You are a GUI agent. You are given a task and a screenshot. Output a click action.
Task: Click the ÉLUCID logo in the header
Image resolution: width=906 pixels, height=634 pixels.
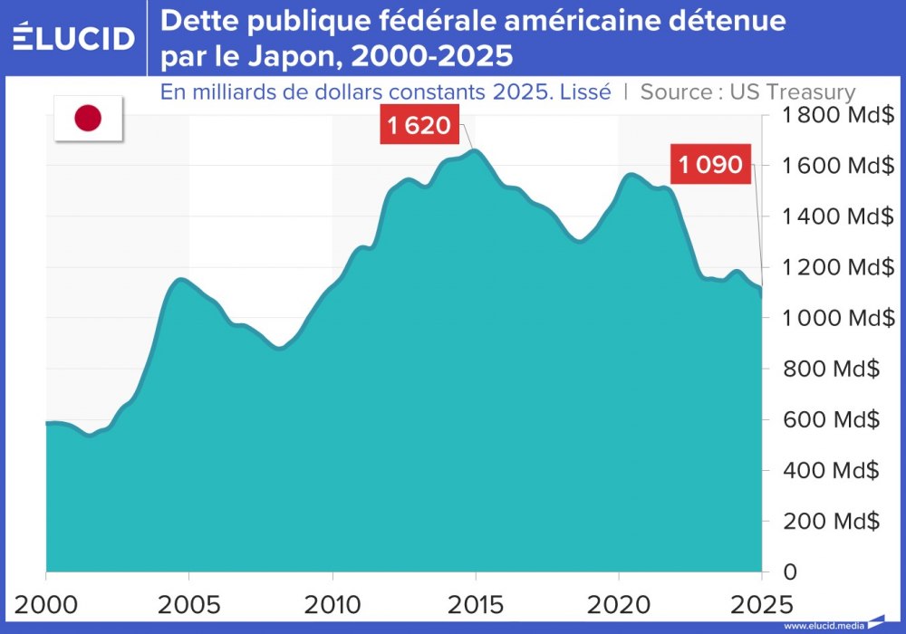point(74,37)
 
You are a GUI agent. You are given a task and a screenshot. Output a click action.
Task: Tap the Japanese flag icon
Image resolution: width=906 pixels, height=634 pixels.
point(88,118)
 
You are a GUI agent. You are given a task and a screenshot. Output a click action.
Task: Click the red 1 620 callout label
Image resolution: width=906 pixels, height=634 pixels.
point(419,125)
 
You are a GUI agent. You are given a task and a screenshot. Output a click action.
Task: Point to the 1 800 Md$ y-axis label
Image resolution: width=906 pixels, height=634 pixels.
point(826,115)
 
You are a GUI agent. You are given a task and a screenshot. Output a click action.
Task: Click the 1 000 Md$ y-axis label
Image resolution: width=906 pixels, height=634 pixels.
point(826,318)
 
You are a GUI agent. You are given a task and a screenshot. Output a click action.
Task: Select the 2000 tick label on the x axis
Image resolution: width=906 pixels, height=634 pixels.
point(45,602)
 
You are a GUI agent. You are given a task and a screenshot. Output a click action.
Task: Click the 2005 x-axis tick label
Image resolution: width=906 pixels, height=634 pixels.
point(188,602)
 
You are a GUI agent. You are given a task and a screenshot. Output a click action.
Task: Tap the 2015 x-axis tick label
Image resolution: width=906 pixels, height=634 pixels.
point(476,602)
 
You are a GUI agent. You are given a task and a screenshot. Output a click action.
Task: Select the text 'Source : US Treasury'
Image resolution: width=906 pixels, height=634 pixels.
point(748,91)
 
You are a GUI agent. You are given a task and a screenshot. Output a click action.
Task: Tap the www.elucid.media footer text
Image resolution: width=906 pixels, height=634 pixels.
point(824,626)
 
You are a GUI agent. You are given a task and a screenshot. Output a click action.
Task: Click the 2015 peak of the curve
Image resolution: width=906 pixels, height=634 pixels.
point(474,150)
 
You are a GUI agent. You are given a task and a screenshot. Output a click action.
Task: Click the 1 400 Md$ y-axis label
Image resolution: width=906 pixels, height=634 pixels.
point(826,216)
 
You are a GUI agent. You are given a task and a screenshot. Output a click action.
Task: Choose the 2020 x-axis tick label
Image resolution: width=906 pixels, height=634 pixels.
point(618,602)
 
